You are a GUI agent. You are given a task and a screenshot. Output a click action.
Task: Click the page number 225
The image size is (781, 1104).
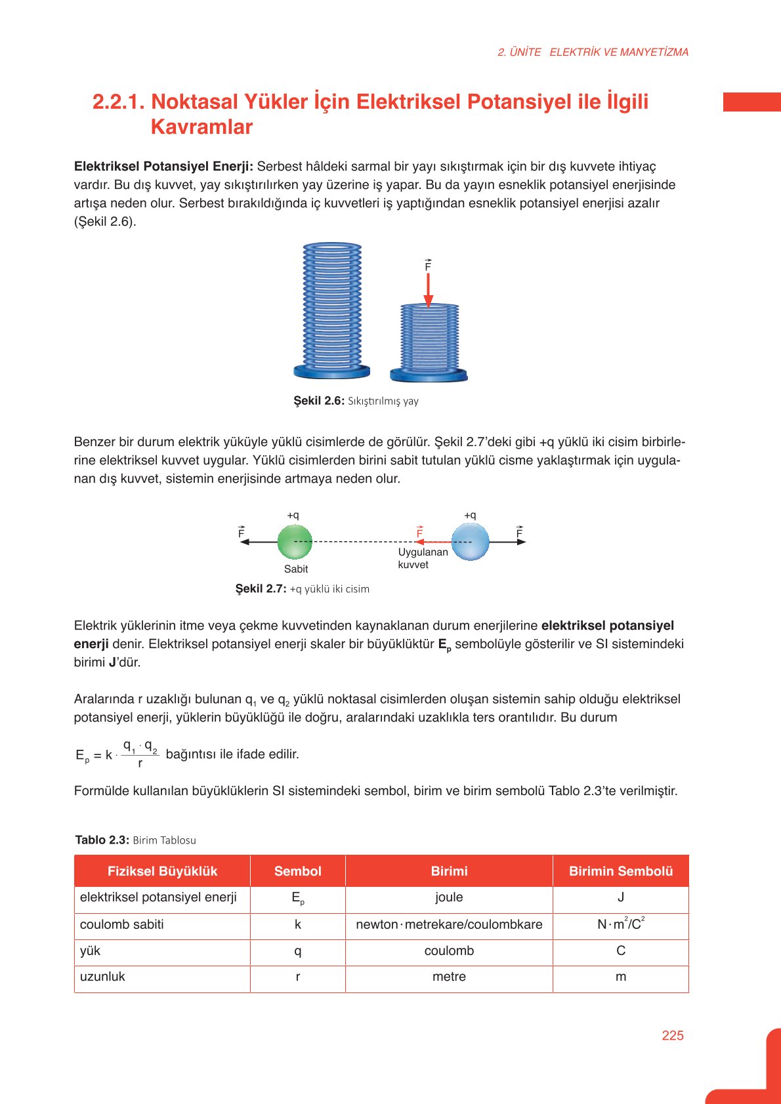673,1035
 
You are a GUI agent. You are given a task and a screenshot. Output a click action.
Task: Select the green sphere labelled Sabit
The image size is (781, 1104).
295,542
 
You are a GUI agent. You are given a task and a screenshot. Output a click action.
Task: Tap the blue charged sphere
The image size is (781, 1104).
471,542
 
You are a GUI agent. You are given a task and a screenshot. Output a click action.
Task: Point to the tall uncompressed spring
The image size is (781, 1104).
332,308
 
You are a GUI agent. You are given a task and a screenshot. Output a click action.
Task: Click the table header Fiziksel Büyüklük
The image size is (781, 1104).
162,871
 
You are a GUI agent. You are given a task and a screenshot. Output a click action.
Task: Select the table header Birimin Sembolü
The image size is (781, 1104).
621,871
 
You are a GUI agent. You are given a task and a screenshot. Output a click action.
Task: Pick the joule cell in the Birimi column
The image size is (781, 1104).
449,897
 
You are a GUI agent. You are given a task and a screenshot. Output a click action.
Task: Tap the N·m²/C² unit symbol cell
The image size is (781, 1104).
621,924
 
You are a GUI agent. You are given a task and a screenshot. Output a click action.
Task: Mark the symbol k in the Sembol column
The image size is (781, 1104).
298,924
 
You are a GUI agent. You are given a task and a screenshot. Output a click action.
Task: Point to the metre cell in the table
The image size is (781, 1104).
449,977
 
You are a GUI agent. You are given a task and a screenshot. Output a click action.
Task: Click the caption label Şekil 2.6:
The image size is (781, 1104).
319,401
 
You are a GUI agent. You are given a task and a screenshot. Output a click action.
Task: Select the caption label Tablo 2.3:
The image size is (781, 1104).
102,840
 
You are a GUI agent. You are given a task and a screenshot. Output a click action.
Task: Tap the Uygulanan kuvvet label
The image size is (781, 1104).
423,558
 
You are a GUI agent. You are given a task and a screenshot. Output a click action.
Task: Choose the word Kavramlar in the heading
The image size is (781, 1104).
201,127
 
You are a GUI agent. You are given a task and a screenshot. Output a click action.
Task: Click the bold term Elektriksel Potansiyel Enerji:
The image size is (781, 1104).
163,167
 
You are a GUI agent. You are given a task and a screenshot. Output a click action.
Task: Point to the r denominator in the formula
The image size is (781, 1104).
140,764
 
